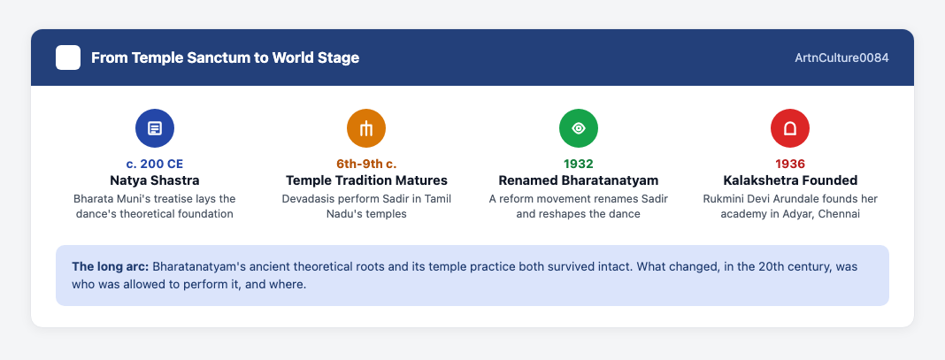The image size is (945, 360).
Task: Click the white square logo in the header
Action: pos(68,57)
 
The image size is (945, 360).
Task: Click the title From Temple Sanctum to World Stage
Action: pos(226,57)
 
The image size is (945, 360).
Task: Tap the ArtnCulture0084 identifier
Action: pos(842,57)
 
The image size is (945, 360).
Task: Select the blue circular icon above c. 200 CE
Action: pos(155,128)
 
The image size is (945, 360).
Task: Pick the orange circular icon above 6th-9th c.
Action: pos(366,128)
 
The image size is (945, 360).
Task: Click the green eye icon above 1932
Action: pos(579,128)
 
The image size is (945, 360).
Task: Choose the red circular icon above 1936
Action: pos(790,128)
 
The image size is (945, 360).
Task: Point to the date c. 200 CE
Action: pos(155,164)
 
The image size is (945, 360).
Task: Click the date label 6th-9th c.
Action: pos(366,164)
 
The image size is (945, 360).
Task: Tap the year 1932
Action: pos(579,164)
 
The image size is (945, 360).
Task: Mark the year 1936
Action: pos(790,164)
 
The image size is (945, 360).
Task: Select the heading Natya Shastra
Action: pos(155,180)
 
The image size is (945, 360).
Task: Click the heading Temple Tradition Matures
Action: pos(366,180)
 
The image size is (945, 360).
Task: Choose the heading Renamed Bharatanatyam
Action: pos(579,180)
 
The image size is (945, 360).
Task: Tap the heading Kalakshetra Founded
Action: pos(790,180)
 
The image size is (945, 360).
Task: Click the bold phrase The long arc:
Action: pos(111,266)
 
